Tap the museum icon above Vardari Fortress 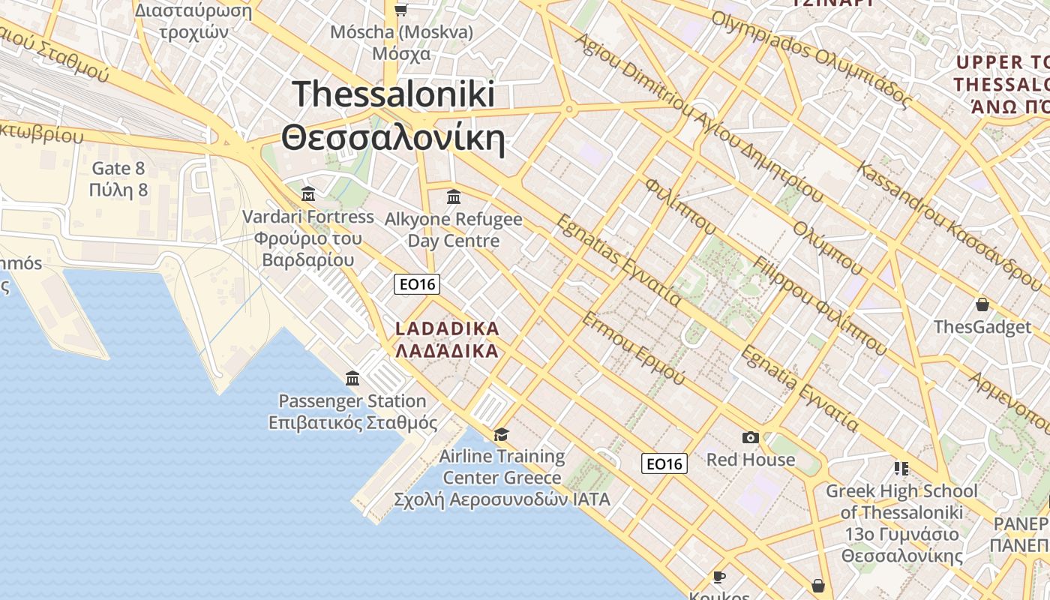coord(307,195)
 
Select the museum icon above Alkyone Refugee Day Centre coord(453,197)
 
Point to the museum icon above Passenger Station coord(352,379)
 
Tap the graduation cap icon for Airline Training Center coord(501,435)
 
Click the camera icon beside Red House coord(750,437)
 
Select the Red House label coord(751,459)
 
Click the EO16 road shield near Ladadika coord(417,284)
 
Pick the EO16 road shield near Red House coord(664,463)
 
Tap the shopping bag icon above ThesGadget coord(982,304)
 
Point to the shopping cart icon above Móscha coord(401,10)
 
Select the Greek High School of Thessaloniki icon coord(901,469)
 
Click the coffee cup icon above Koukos coord(719,577)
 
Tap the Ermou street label coord(633,349)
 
